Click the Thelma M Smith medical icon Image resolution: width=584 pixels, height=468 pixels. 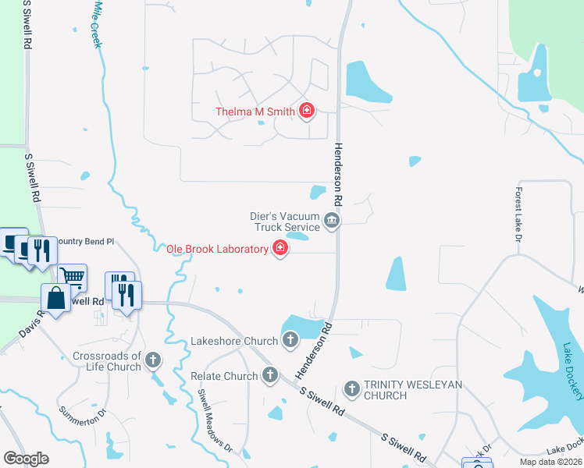(306, 111)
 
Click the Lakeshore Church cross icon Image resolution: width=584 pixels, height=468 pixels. (290, 340)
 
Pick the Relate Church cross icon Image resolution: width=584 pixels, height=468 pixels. (269, 375)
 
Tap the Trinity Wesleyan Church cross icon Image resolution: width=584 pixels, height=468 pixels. (351, 388)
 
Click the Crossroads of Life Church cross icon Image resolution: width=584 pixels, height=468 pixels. (153, 360)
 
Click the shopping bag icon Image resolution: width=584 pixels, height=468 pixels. (55, 297)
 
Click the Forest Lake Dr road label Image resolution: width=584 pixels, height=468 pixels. (518, 214)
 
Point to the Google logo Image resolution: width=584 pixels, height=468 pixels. (26, 459)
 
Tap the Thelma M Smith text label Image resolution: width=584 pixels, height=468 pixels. (255, 112)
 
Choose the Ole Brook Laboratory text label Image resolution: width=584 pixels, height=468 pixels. (217, 249)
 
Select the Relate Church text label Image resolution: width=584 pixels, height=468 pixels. (224, 376)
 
